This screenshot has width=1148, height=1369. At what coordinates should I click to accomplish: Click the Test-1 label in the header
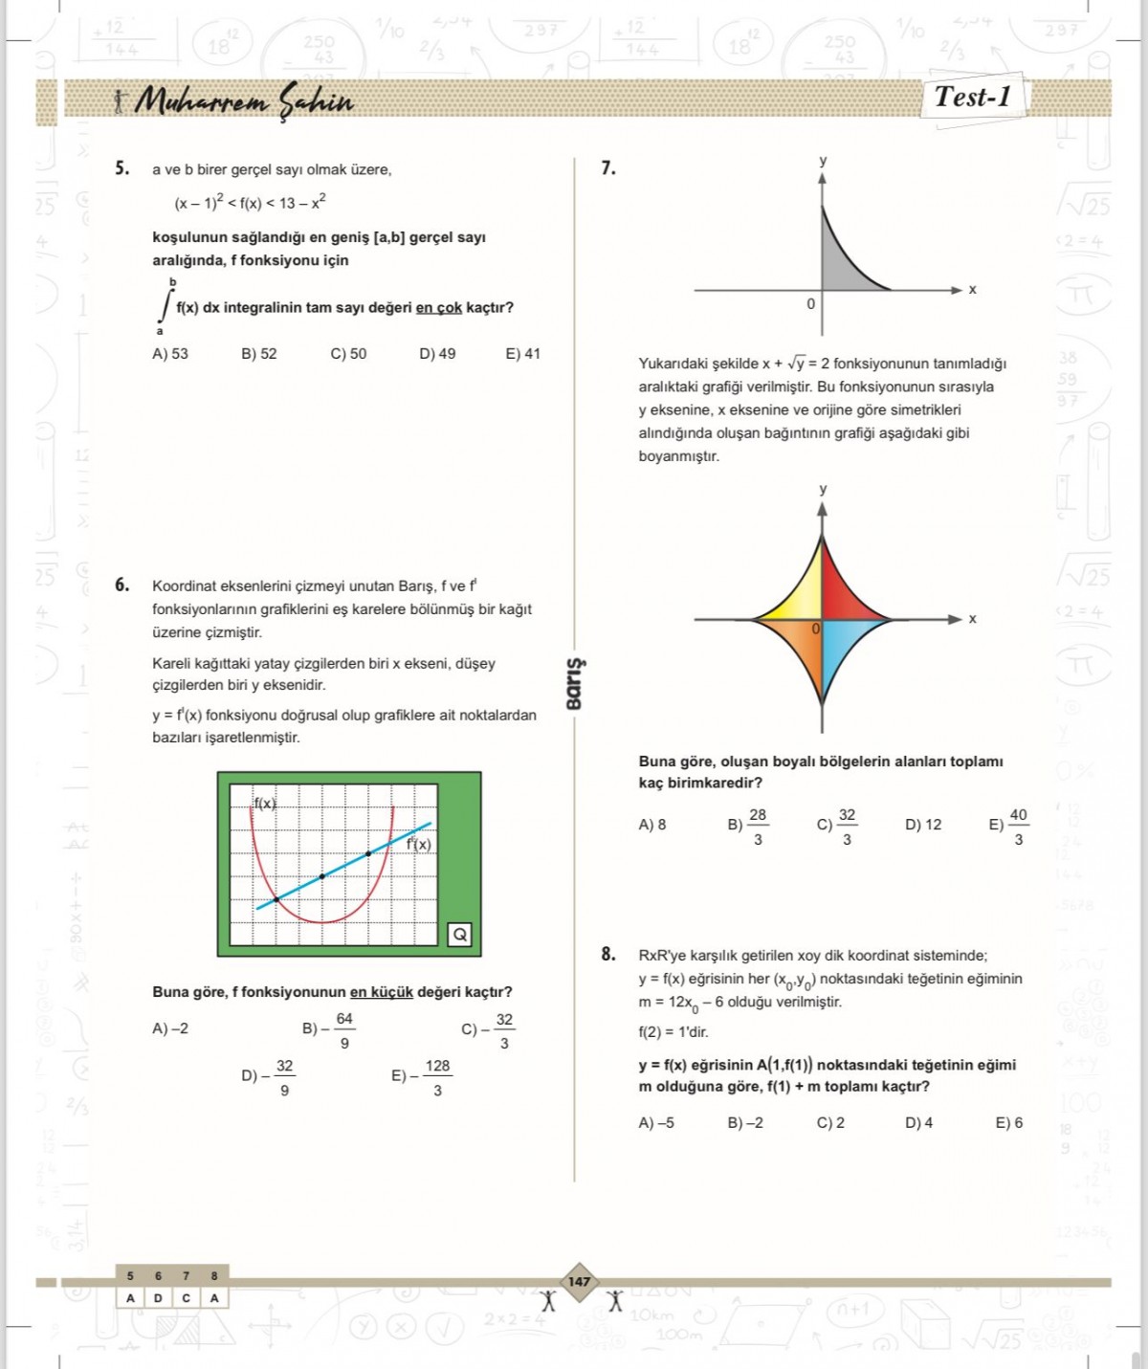(x=972, y=98)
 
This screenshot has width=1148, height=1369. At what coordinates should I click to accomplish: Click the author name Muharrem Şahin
(x=243, y=100)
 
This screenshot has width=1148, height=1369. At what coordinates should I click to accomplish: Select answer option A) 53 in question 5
(x=170, y=354)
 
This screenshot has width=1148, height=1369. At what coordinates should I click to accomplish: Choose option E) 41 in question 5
(x=522, y=354)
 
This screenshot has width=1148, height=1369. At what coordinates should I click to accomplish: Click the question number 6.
(x=122, y=585)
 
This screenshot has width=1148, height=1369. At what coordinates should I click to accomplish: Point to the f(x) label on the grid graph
(x=265, y=804)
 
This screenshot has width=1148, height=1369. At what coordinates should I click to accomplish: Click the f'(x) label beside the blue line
(x=418, y=844)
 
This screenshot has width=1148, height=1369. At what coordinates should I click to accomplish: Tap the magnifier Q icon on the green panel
(x=460, y=935)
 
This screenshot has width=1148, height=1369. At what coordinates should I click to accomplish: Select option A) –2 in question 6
(x=170, y=1028)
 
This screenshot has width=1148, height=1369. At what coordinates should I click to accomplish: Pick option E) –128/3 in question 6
(x=422, y=1077)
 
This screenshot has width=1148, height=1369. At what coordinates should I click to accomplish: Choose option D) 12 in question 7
(x=923, y=825)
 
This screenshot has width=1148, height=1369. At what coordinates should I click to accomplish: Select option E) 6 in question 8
(x=1008, y=1123)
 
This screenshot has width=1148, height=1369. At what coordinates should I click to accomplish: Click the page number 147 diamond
(x=579, y=1282)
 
